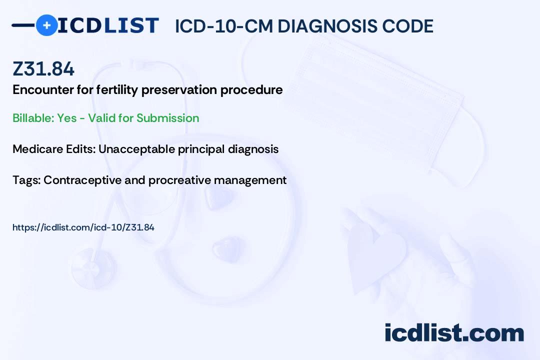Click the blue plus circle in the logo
[47, 25]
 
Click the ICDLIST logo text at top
[108, 25]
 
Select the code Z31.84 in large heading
[43, 69]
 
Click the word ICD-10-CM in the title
[223, 26]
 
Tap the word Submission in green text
[168, 118]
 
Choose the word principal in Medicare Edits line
[193, 149]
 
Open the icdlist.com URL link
[83, 227]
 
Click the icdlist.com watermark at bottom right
[454, 332]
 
